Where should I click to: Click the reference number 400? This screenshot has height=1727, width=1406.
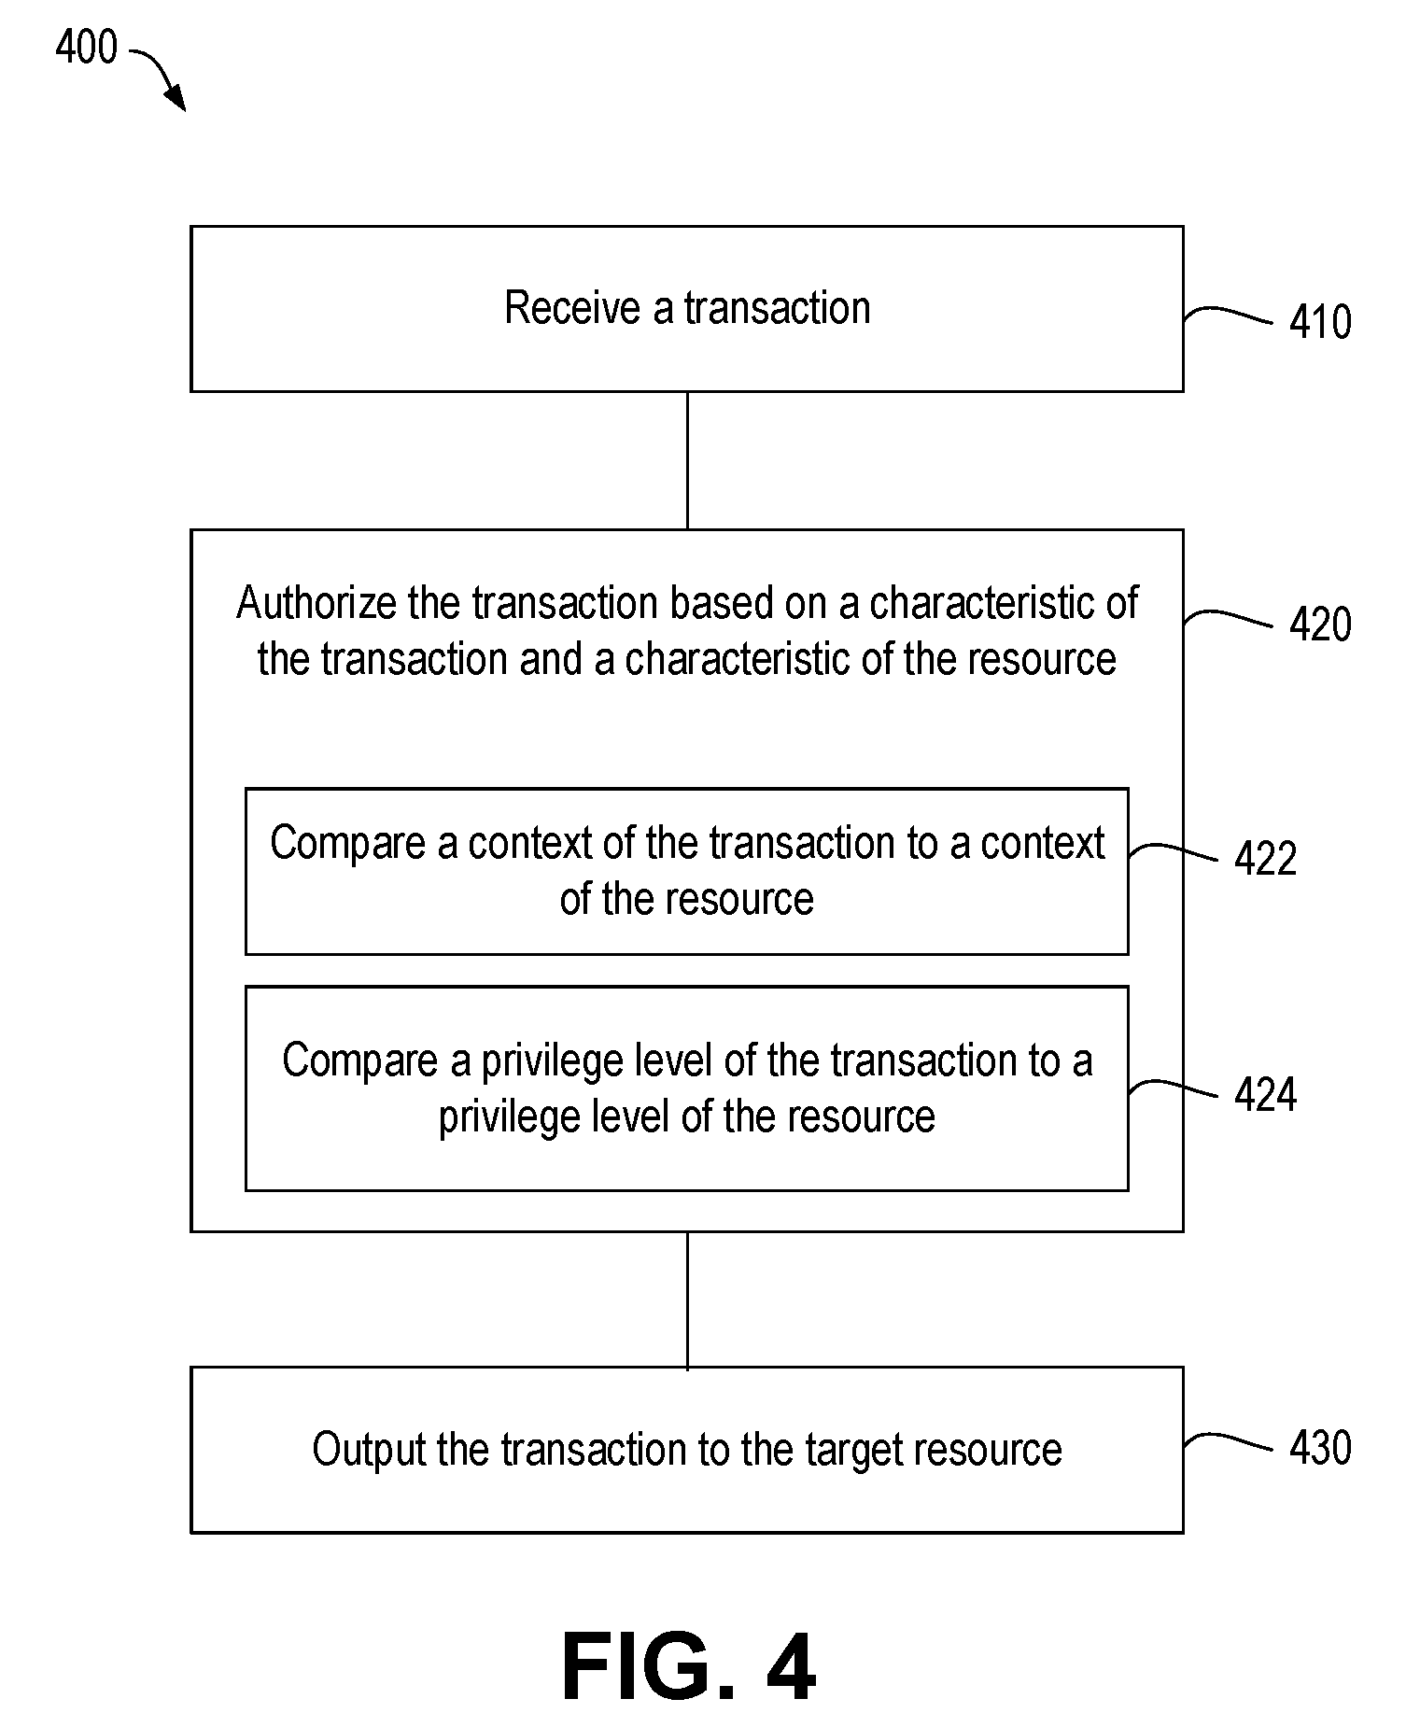tap(86, 47)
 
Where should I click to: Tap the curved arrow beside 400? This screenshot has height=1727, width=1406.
tap(163, 75)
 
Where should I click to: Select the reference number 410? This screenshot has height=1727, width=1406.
tap(1320, 322)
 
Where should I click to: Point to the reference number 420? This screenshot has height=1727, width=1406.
tap(1320, 625)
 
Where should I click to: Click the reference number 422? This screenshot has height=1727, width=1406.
tap(1265, 859)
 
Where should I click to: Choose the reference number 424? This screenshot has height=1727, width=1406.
tap(1265, 1094)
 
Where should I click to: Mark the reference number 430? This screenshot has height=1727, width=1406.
tap(1320, 1448)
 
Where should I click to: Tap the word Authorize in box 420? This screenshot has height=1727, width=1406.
tap(317, 603)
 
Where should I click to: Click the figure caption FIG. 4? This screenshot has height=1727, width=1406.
tap(689, 1668)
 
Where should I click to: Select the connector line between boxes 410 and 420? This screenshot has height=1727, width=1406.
tap(687, 460)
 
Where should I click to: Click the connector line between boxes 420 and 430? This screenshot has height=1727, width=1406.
tap(687, 1300)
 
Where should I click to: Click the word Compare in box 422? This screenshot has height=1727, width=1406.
tap(348, 844)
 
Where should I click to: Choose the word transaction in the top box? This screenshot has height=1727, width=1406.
tap(777, 307)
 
